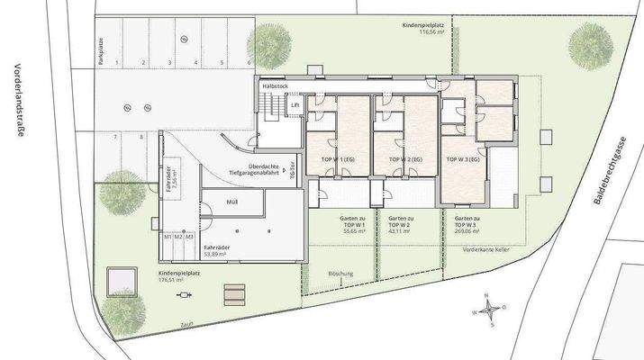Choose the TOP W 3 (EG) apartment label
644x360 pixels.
463,158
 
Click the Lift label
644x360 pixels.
294,105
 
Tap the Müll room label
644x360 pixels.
232,202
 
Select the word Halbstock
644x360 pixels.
274,86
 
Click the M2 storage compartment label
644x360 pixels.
178,236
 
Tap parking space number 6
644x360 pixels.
248,63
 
